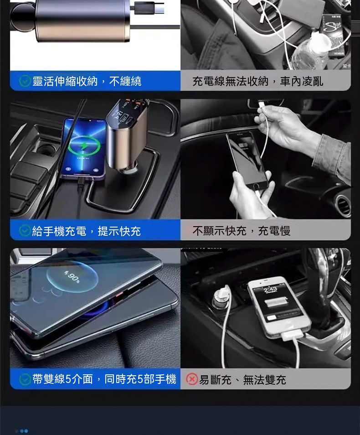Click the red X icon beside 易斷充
[192, 379]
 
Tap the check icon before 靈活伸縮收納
[25, 81]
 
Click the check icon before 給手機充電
[25, 231]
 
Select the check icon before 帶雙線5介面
[25, 379]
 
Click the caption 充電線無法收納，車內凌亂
[257, 81]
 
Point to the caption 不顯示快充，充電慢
[242, 231]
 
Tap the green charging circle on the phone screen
[84, 145]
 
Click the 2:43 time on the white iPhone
[270, 290]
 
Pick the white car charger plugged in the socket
[222, 296]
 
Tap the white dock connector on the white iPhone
[292, 335]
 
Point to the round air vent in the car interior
[343, 205]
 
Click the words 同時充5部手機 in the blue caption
[140, 379]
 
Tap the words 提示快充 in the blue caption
[119, 231]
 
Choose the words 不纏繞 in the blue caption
[125, 81]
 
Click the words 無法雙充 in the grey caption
[264, 379]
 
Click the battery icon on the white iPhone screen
[277, 302]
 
